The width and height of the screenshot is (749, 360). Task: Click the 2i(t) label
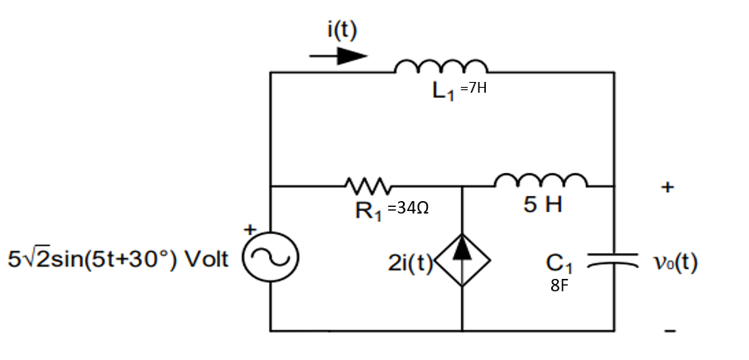click(x=411, y=265)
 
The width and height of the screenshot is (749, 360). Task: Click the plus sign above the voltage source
click(x=246, y=228)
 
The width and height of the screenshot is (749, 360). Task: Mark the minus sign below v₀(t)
click(x=671, y=332)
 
